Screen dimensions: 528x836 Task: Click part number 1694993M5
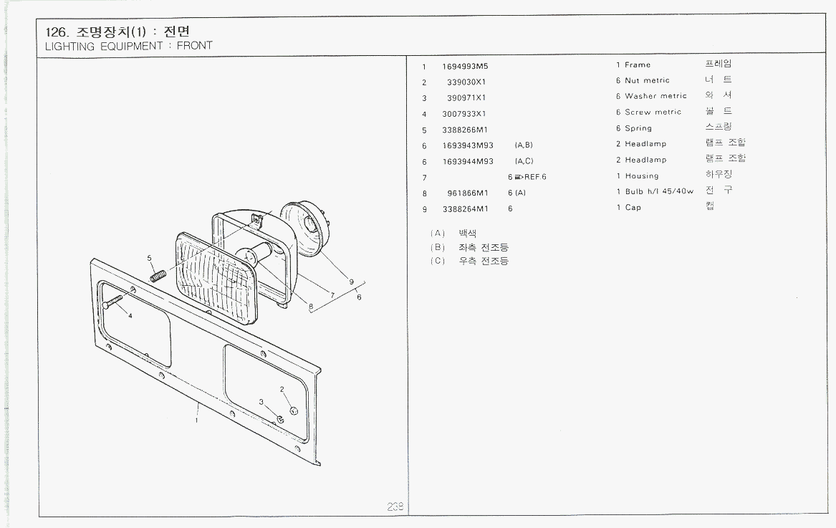[465, 66]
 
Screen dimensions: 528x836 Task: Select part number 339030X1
[466, 82]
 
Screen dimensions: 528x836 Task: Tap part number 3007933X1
[464, 114]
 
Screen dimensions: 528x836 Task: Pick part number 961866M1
[468, 193]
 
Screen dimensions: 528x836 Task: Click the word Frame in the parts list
[638, 65]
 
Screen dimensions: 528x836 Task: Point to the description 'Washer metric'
[655, 96]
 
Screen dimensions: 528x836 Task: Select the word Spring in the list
[638, 129]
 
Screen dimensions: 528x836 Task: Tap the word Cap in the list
[633, 208]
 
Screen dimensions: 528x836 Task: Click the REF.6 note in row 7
[529, 177]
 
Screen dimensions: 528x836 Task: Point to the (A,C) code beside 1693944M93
[524, 161]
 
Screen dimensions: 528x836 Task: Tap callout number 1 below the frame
[196, 421]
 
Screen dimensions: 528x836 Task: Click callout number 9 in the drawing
[352, 282]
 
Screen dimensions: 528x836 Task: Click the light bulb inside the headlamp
[252, 254]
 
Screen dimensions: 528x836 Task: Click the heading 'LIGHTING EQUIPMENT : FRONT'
[129, 46]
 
